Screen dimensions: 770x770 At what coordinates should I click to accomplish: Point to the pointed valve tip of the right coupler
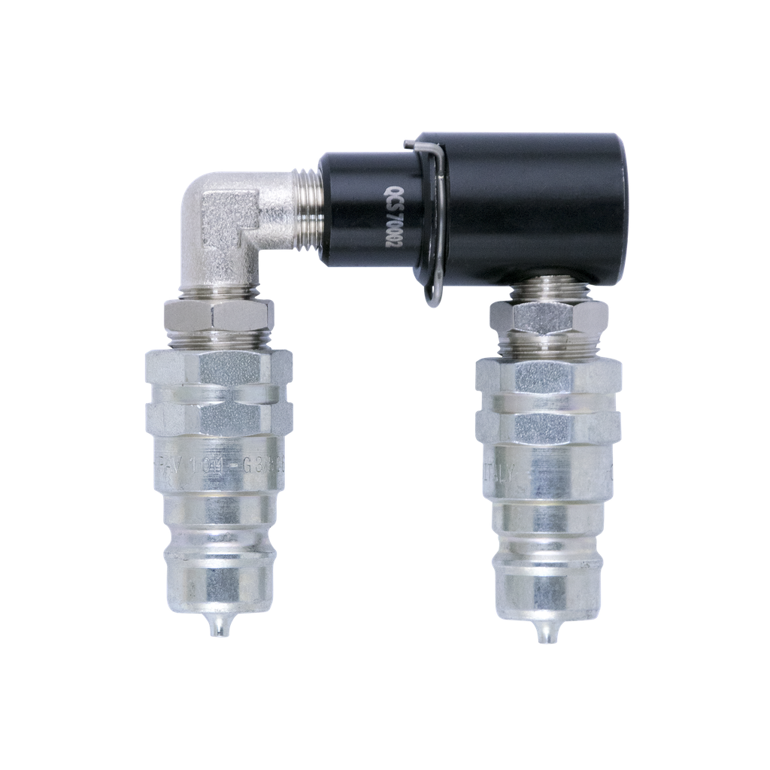coord(547,634)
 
